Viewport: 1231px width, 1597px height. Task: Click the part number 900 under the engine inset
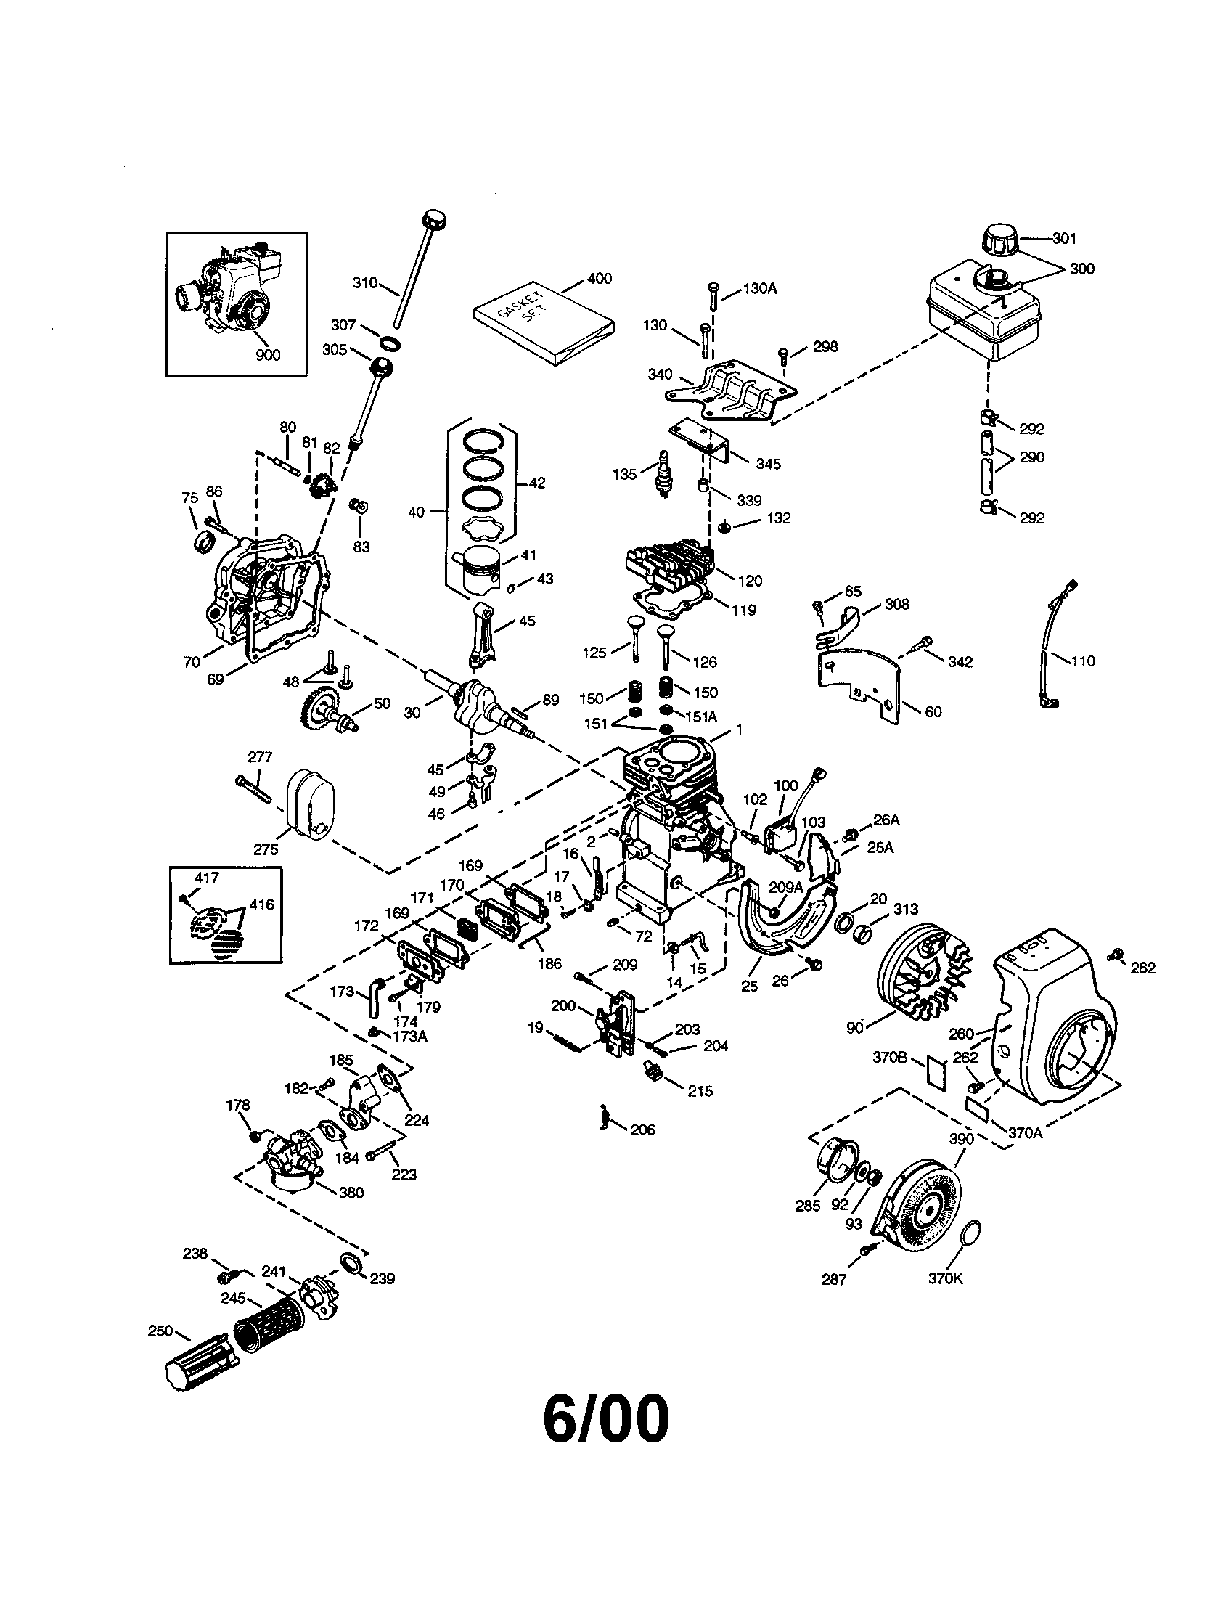pos(268,355)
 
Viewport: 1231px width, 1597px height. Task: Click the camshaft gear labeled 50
pos(327,712)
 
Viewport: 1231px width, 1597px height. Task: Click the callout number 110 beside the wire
pos(1082,661)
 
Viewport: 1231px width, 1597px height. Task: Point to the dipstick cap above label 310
pos(433,218)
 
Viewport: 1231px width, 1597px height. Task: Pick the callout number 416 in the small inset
pos(261,904)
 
